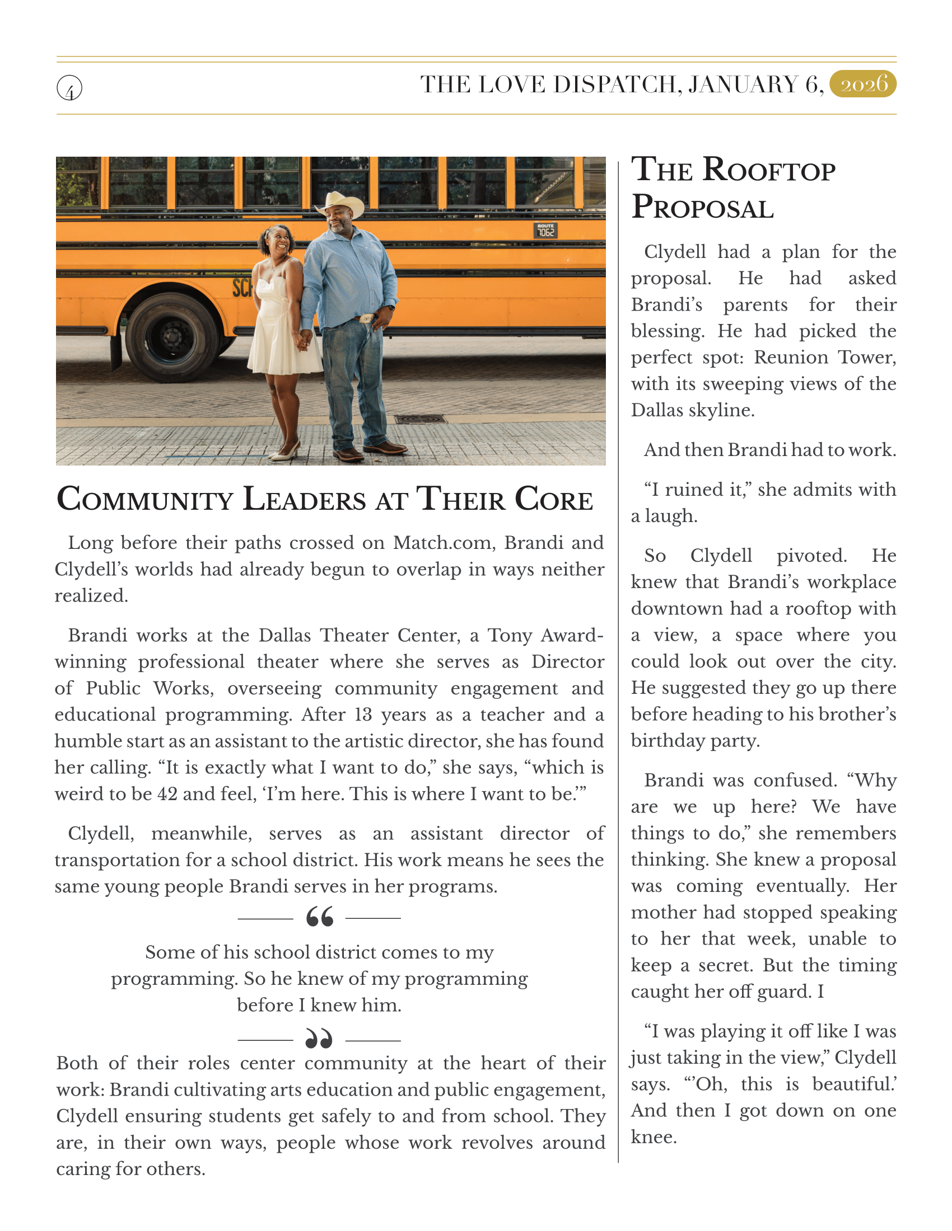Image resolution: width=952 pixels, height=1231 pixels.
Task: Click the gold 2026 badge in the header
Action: click(x=864, y=84)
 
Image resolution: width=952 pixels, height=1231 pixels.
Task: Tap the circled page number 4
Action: click(x=69, y=88)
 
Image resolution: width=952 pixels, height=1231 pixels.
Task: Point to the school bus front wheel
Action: click(x=170, y=337)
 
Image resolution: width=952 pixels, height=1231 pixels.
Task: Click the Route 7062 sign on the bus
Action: click(x=545, y=230)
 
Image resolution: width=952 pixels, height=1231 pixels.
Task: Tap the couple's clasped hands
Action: click(x=305, y=340)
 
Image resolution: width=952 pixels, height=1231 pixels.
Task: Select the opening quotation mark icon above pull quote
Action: click(x=320, y=918)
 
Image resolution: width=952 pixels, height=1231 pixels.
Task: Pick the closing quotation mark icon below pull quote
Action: click(x=319, y=1039)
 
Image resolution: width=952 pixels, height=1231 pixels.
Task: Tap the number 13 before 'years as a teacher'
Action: click(x=364, y=715)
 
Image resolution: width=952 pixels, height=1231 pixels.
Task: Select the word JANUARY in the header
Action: click(x=743, y=84)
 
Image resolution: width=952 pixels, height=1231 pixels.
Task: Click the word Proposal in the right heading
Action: click(x=703, y=207)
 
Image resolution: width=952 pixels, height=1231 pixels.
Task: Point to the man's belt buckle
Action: click(x=366, y=318)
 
